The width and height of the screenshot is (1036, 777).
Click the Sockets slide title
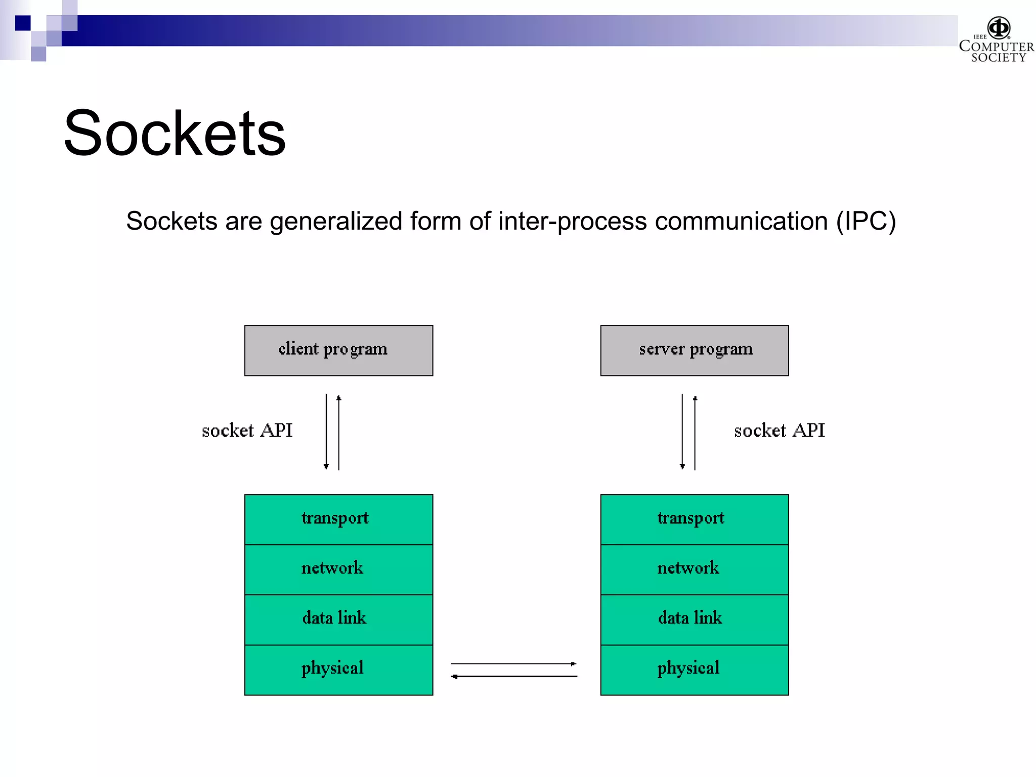pos(175,134)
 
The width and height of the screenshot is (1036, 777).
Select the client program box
pos(338,351)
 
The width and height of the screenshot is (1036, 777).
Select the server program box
pos(694,351)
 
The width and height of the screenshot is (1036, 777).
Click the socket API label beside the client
pos(247,430)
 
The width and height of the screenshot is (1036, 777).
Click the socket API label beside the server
pos(779,430)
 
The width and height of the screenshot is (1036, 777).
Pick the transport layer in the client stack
pos(338,520)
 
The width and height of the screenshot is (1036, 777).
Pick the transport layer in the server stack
pos(694,520)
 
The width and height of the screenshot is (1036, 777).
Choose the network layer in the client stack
pos(338,569)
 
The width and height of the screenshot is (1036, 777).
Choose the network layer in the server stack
pos(694,569)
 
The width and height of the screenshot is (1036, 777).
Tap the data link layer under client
pos(338,619)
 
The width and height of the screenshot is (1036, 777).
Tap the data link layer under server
pos(694,619)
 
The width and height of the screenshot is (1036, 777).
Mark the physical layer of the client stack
pos(338,669)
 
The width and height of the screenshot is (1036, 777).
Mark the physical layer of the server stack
pos(694,669)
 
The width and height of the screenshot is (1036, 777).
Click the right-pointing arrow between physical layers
pos(514,664)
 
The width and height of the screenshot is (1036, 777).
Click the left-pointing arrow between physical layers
pos(514,676)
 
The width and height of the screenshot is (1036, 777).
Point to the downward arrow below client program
pos(326,433)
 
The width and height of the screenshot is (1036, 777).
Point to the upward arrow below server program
pos(695,433)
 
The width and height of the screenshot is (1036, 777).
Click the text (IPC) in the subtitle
pos(866,222)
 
